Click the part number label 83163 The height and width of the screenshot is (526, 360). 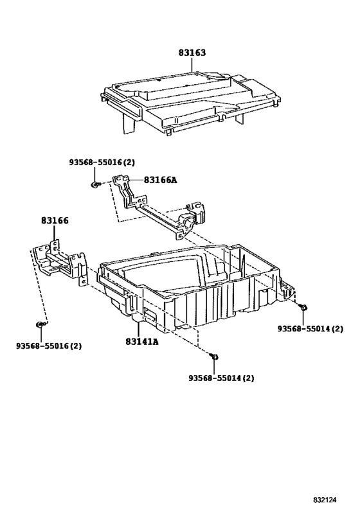click(x=192, y=53)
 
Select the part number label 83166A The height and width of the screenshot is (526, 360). click(x=161, y=180)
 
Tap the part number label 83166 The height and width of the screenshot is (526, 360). click(x=55, y=220)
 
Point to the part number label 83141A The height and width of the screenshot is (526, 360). click(x=142, y=342)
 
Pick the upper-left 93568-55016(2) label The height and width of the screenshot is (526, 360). click(x=102, y=162)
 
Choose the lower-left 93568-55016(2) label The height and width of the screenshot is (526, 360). click(x=49, y=346)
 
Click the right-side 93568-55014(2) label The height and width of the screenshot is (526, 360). click(x=310, y=329)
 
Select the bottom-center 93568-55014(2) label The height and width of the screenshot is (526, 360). click(x=221, y=378)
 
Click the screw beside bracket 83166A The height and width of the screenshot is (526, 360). click(x=95, y=184)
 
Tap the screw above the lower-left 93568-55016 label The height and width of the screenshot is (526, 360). click(x=40, y=324)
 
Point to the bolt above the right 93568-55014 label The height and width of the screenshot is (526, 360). click(x=303, y=306)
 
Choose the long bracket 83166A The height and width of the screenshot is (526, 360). click(x=158, y=206)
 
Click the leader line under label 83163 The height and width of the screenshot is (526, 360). click(x=192, y=65)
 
